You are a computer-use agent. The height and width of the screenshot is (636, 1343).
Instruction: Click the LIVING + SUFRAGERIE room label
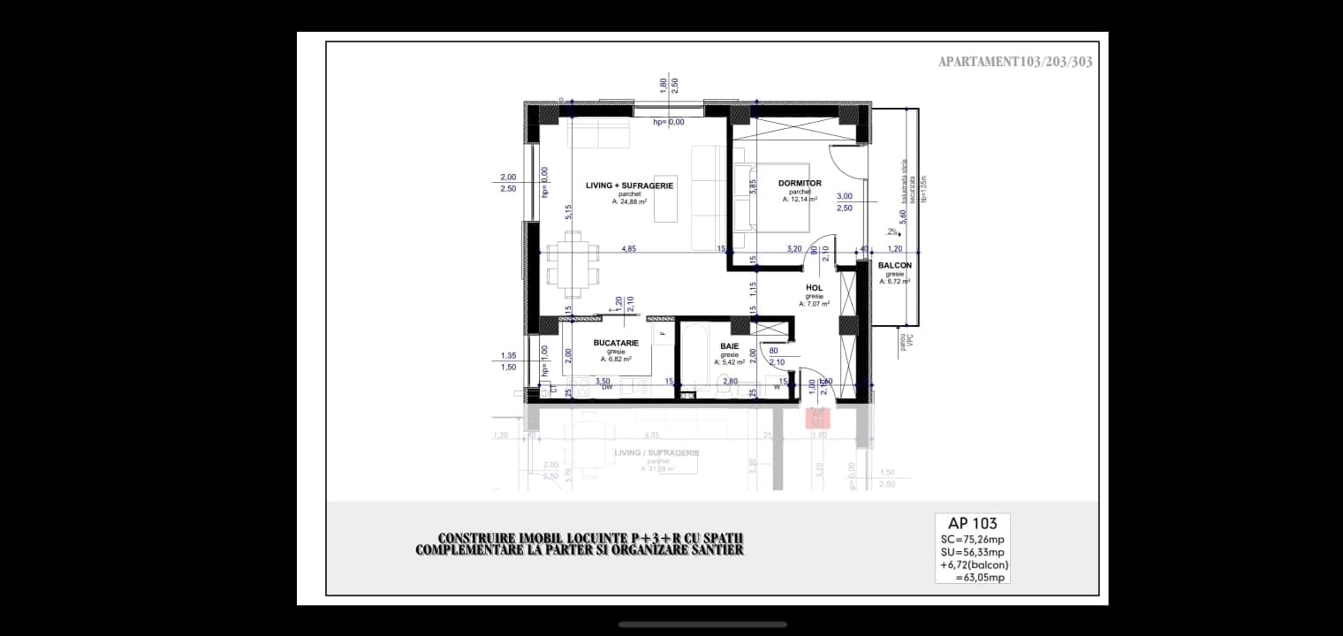coord(629,185)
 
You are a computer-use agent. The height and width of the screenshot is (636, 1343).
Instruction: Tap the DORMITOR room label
coord(800,184)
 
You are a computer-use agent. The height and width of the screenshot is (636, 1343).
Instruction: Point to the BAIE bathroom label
coord(729,346)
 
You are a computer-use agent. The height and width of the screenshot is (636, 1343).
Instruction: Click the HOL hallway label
coord(814,288)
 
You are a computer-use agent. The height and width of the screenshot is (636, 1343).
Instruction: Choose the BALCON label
coord(894,264)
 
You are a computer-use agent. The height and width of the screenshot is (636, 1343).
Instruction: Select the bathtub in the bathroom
coord(692,358)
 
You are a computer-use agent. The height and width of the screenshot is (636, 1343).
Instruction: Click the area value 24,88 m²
coord(629,202)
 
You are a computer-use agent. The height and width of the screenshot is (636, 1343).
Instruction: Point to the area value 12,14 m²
coord(800,200)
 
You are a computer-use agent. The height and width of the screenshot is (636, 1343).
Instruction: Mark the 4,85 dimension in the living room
coord(628,249)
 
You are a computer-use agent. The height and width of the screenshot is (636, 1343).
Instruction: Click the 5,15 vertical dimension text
coord(569,212)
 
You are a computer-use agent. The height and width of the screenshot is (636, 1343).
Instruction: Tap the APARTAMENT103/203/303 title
coord(1015,62)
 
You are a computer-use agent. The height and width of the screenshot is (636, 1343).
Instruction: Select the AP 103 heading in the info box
coord(972,523)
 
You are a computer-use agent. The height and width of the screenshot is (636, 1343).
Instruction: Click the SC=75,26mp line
coord(972,539)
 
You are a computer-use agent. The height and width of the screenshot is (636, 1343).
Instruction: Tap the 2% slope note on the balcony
coord(892,232)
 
